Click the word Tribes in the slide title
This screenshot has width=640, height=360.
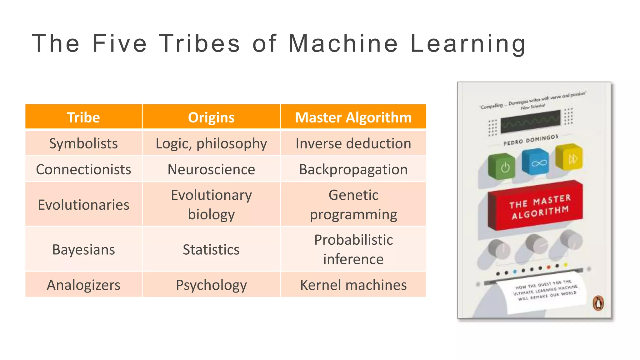(199, 43)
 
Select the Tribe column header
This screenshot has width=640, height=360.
(83, 117)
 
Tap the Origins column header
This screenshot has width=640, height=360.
(211, 117)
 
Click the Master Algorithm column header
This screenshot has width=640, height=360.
(353, 117)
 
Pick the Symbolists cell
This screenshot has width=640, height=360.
(83, 143)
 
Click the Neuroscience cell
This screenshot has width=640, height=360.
(211, 169)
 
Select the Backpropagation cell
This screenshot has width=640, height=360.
(353, 169)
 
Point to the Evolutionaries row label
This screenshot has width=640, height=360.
(83, 205)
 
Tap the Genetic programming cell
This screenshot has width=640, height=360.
(353, 205)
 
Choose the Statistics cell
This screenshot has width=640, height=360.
(211, 249)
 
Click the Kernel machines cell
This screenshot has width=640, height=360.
(353, 285)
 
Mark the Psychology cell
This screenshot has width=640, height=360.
(211, 285)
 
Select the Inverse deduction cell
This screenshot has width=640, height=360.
(353, 143)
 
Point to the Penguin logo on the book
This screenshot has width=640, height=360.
(598, 303)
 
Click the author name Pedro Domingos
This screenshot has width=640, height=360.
(531, 140)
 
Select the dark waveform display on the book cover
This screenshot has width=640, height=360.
(531, 121)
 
